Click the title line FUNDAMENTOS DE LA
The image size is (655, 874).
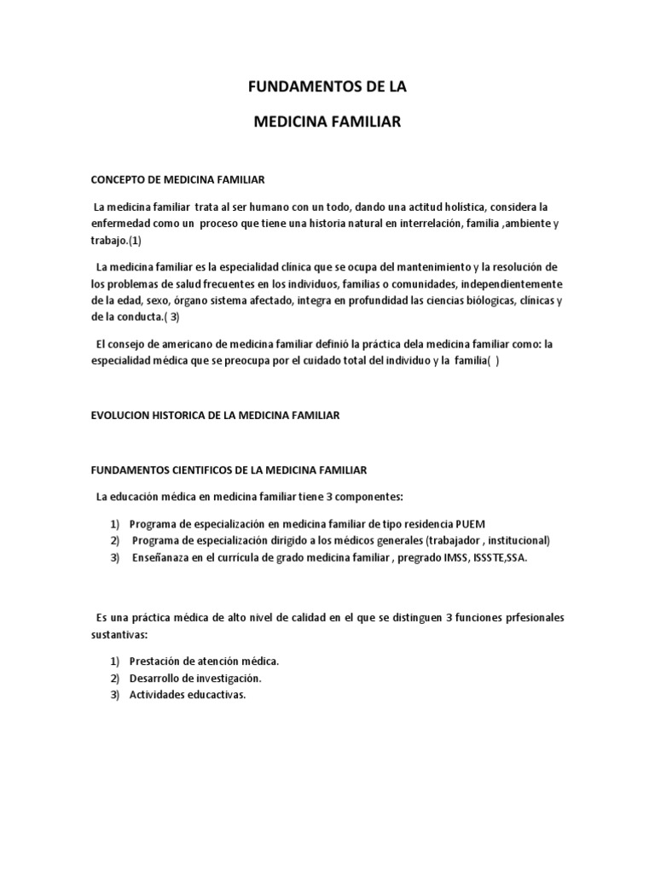327,87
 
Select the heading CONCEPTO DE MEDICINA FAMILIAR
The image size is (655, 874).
178,180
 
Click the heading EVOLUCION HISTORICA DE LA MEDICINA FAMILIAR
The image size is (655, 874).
215,415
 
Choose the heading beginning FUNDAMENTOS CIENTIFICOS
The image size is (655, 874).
229,469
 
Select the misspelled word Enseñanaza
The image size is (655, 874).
162,556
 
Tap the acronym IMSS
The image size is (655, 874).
444,556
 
